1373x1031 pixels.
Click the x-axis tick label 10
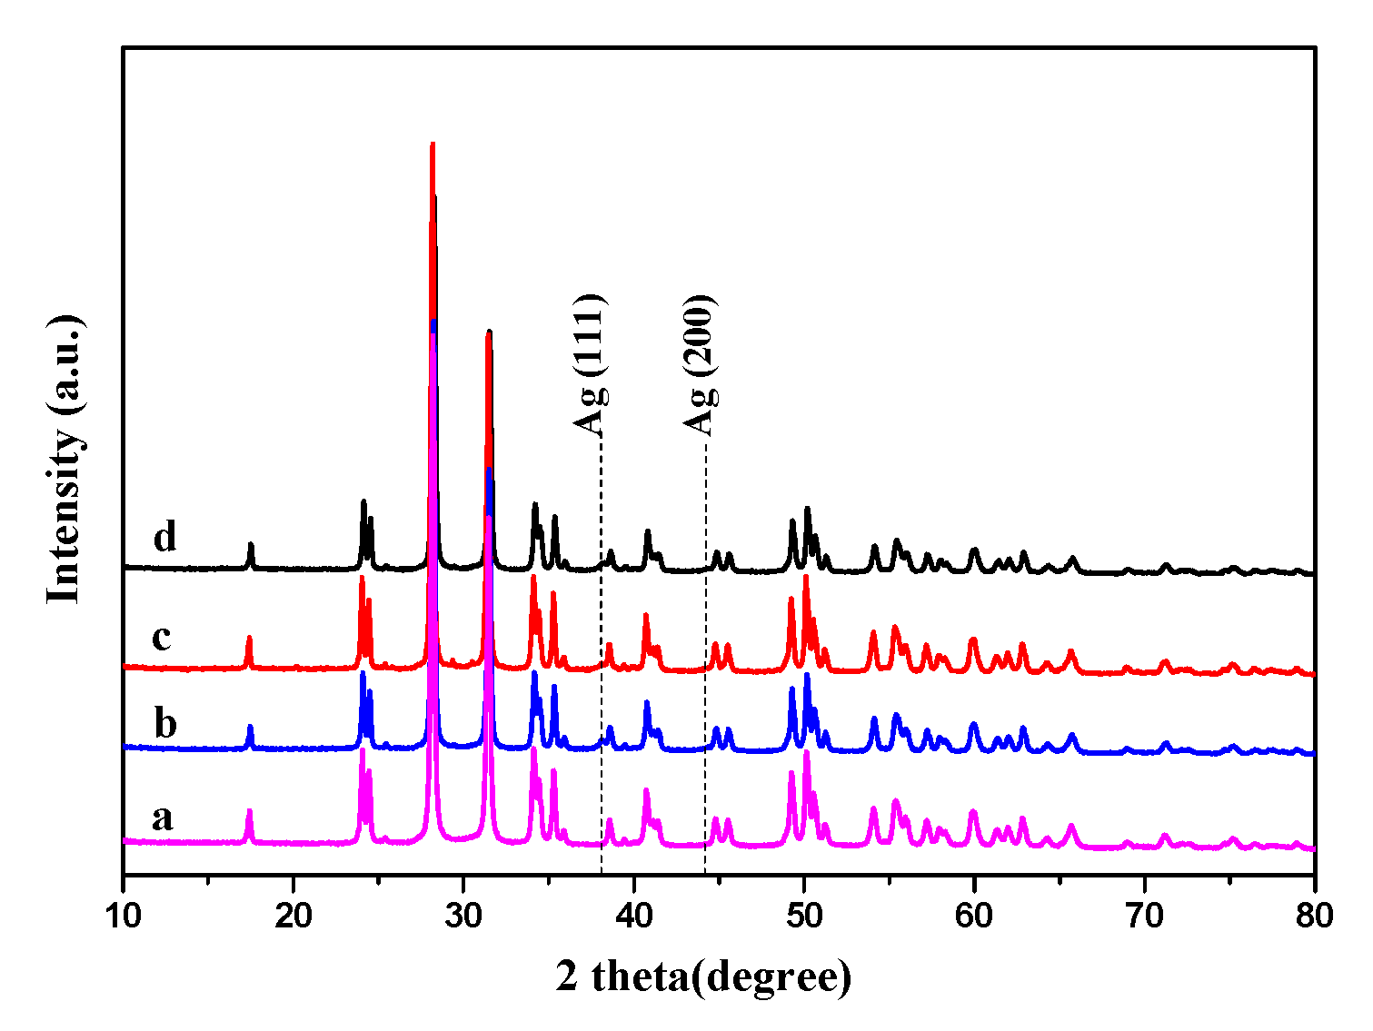click(123, 915)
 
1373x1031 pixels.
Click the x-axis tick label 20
click(293, 915)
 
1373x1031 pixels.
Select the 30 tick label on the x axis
click(463, 915)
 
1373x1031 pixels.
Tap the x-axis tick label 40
click(633, 915)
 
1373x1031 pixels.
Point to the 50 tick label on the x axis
click(803, 915)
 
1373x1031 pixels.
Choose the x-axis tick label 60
click(974, 915)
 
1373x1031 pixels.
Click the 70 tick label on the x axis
click(1144, 915)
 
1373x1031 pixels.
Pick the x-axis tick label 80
click(1314, 915)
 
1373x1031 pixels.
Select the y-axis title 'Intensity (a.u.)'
click(65, 459)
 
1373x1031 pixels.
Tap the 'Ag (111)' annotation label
click(590, 363)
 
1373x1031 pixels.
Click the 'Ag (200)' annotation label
click(701, 363)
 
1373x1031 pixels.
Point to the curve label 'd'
click(164, 537)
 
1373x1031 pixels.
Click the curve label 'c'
click(162, 638)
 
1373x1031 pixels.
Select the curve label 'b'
click(164, 724)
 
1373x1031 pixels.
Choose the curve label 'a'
click(162, 818)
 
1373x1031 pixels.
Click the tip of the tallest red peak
click(433, 144)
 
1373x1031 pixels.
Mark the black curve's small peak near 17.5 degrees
click(251, 544)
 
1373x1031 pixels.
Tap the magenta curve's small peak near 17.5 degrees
click(249, 811)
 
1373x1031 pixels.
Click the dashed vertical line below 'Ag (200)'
click(705, 636)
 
